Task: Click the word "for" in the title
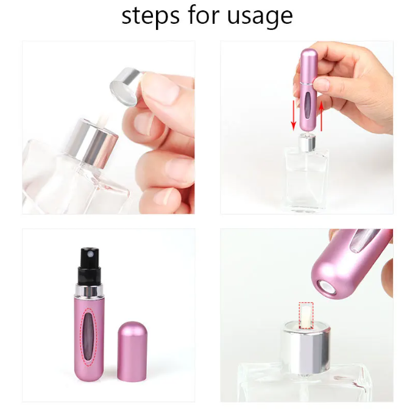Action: pyautogui.click(x=199, y=16)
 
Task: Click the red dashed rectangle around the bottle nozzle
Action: pyautogui.click(x=306, y=316)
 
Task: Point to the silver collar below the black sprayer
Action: pyautogui.click(x=87, y=288)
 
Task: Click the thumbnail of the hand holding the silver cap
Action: pyautogui.click(x=108, y=127)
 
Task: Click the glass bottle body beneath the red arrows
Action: pyautogui.click(x=306, y=180)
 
